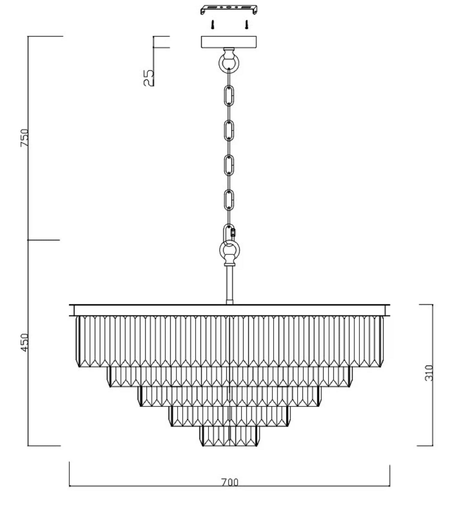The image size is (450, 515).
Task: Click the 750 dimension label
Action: (x=25, y=138)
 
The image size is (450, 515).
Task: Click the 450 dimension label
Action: (x=25, y=343)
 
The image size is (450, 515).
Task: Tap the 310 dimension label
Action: (x=429, y=373)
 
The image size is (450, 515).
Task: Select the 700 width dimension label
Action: (x=230, y=482)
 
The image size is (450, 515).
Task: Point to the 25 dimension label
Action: (x=148, y=78)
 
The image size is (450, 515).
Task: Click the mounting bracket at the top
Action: (x=229, y=9)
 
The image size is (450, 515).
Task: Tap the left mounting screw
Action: (x=212, y=25)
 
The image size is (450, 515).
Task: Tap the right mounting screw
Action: (x=246, y=25)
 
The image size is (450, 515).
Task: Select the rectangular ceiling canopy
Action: (x=229, y=42)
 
